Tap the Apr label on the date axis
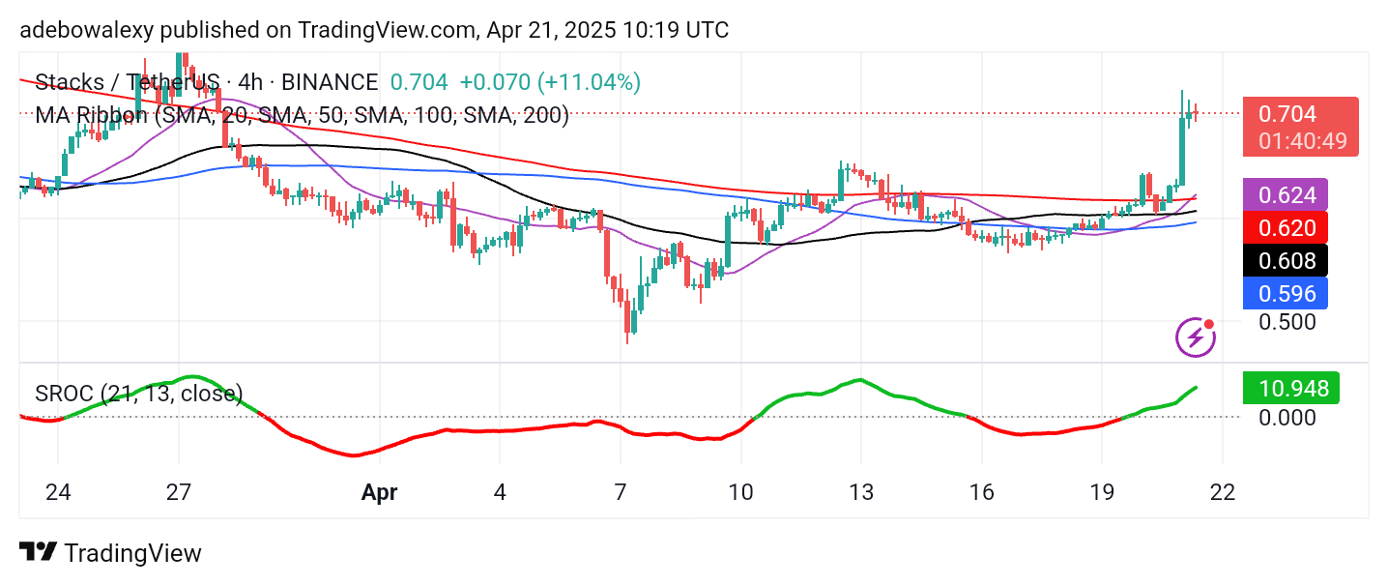point(379,492)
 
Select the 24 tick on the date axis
point(58,492)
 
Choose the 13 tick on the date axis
point(860,492)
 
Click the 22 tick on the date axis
point(1223,492)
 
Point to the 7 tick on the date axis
point(621,492)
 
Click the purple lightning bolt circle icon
point(1196,337)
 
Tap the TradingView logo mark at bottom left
point(37,552)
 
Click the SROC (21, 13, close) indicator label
point(139,394)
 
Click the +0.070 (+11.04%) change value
point(550,82)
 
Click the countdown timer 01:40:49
point(1302,141)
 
